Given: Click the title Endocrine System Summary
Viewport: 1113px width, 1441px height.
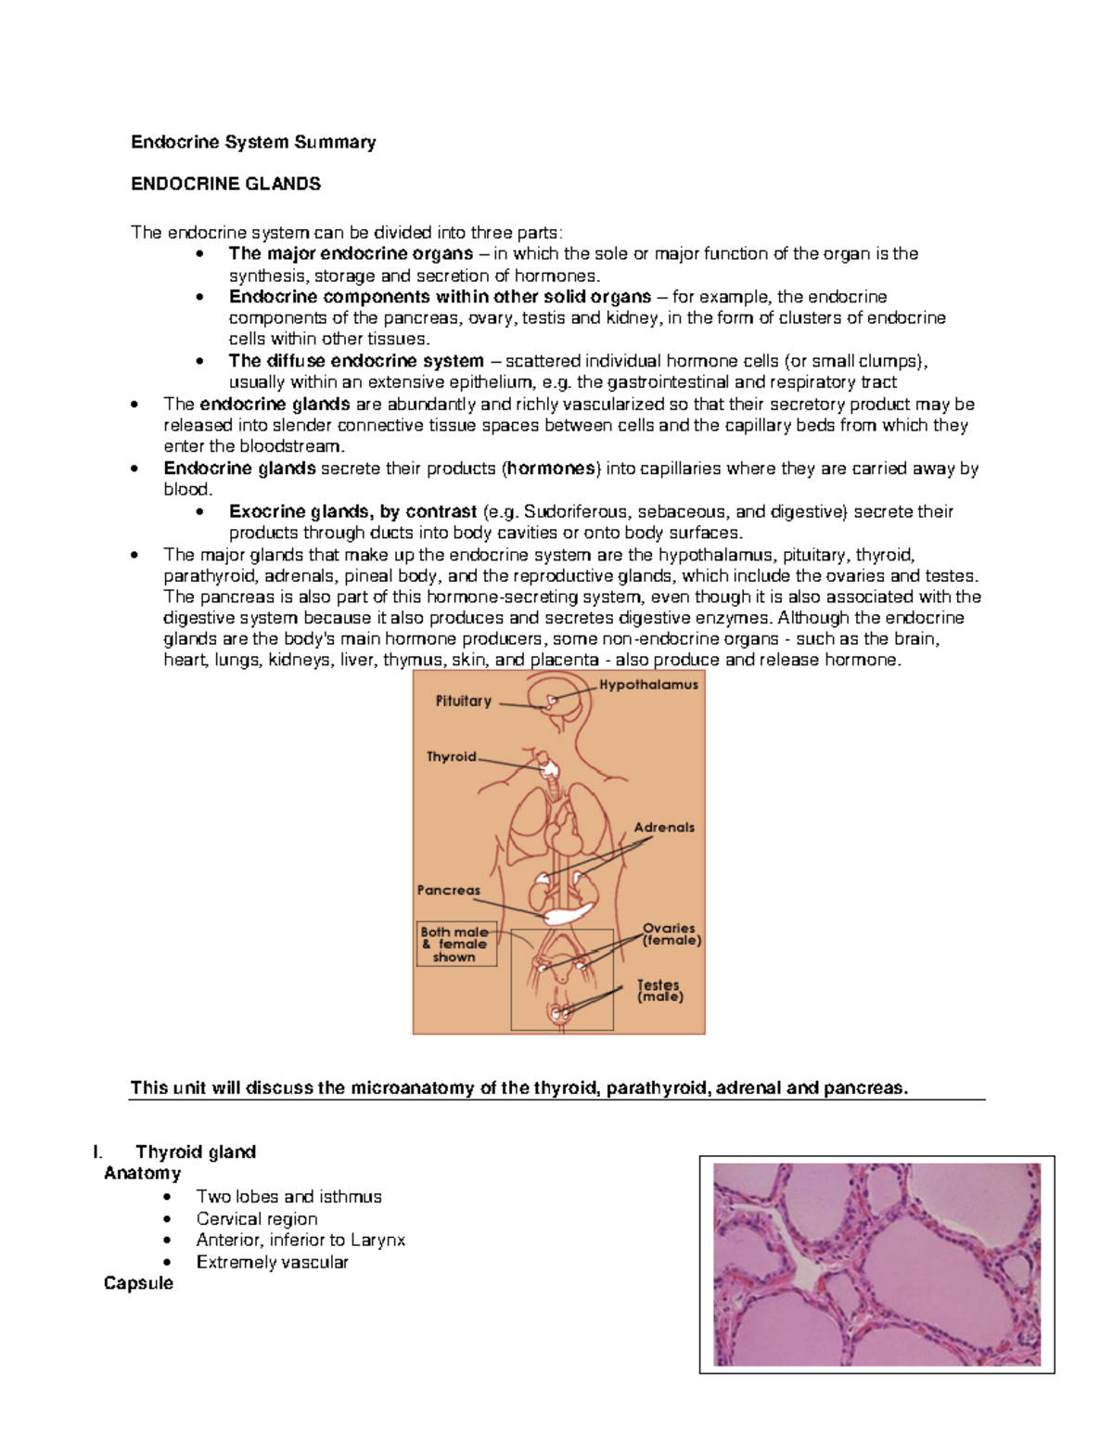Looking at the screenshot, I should [253, 142].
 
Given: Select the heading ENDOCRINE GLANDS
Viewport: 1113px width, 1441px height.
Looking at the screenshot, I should [225, 184].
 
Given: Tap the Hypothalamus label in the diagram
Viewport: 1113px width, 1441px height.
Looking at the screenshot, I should [648, 685].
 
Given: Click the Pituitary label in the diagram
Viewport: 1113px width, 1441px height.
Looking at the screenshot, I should [464, 701].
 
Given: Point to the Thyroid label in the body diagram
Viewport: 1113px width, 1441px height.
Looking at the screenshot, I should [451, 757].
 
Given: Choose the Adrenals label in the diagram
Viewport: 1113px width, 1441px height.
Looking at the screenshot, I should [664, 828].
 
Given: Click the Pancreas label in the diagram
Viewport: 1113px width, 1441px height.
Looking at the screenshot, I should [449, 891].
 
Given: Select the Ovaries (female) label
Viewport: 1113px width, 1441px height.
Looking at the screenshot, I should [672, 934].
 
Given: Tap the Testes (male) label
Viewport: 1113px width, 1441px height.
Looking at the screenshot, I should [659, 991].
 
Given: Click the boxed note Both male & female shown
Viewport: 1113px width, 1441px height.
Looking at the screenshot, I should [455, 945].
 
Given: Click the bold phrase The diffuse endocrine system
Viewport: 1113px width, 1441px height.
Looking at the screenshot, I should [356, 361].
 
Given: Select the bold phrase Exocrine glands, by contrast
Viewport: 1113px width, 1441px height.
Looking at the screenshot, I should [352, 511].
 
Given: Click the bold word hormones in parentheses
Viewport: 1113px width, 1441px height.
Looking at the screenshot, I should [551, 469].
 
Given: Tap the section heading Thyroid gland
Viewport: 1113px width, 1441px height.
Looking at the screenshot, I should [195, 1152].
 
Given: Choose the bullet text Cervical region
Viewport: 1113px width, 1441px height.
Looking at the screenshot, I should [257, 1218].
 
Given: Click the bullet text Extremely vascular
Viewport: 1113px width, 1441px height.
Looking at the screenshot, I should [273, 1262].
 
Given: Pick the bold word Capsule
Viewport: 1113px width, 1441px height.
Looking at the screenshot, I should [138, 1283].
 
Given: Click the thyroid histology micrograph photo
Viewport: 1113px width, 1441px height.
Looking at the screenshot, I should [876, 1264].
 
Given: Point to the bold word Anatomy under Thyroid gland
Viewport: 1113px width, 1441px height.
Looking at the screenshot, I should [142, 1173].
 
